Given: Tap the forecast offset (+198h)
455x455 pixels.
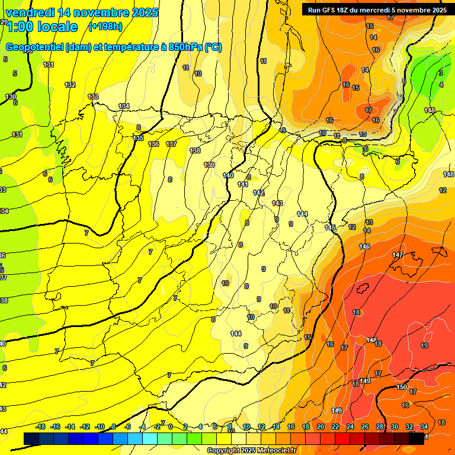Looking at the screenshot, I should click(x=105, y=26).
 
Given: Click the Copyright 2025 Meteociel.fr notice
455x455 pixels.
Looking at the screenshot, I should click(x=251, y=451).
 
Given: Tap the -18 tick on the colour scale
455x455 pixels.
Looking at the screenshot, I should click(x=41, y=427).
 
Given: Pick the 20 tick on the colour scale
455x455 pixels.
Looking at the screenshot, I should click(x=321, y=427).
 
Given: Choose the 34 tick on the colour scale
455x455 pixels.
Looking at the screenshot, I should click(x=424, y=427).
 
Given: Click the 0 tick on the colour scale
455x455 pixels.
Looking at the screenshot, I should click(x=171, y=427).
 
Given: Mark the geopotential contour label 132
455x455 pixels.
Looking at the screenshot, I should click(x=70, y=85).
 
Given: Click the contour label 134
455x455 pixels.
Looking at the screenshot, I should click(x=124, y=106).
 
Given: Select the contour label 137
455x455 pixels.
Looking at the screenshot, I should click(x=171, y=144).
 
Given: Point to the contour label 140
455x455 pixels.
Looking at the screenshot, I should click(x=228, y=175).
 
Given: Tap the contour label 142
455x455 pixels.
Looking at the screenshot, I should click(x=258, y=193).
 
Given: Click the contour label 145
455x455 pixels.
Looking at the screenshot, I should click(x=330, y=227).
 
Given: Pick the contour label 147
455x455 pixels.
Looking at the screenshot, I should click(x=398, y=255).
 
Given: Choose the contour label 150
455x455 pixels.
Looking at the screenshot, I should click(x=402, y=387).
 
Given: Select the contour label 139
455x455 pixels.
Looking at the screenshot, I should click(x=209, y=165).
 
